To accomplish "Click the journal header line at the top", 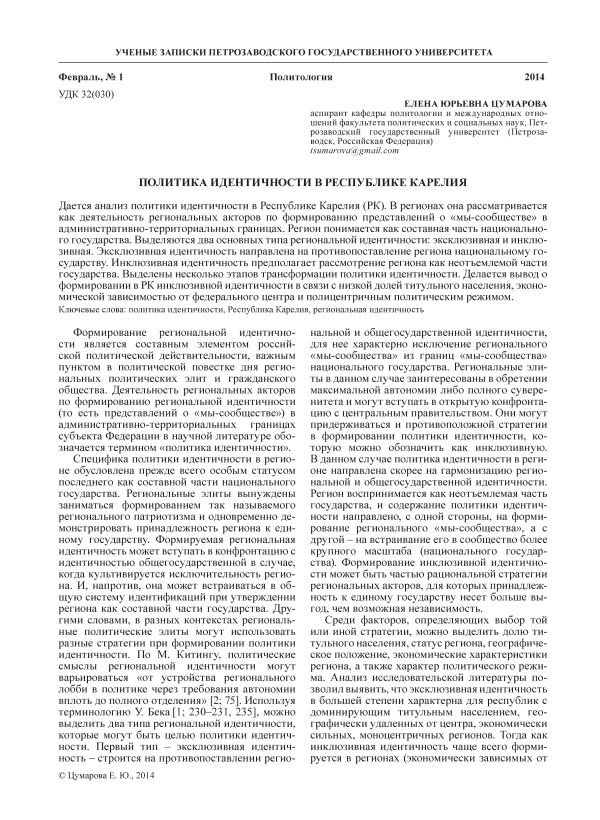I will tap(299, 49).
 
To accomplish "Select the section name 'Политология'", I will tap(300, 78).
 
